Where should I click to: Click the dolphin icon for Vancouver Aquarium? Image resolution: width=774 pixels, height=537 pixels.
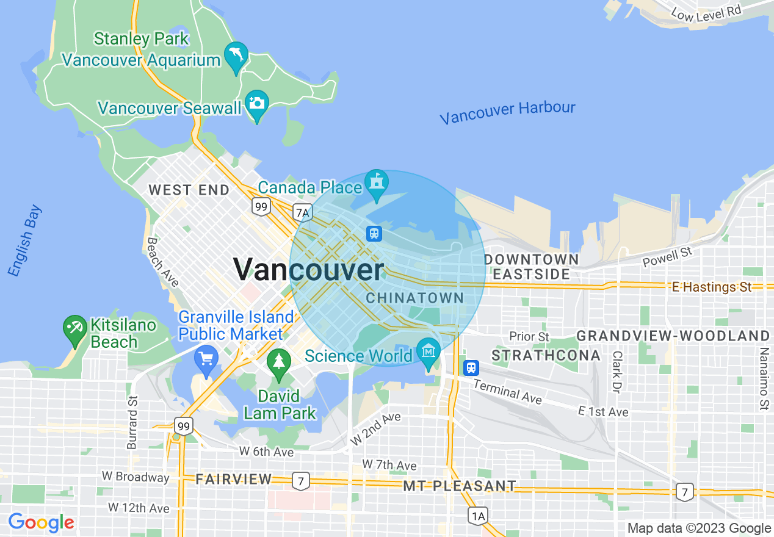click(x=236, y=56)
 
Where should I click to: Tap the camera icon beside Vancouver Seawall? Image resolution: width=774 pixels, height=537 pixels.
click(x=257, y=104)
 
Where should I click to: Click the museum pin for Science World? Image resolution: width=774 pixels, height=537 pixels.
click(x=429, y=351)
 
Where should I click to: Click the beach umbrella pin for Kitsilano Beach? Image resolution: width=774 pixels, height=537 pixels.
click(x=75, y=328)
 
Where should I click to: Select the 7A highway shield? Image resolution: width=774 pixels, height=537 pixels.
click(x=302, y=212)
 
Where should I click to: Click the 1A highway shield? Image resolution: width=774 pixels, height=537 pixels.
click(x=478, y=516)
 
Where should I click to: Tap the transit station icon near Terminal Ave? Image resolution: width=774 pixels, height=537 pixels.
click(x=471, y=367)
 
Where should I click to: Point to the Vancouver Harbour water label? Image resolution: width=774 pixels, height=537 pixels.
click(x=507, y=112)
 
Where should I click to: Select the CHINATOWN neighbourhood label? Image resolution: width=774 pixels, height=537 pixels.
click(x=414, y=298)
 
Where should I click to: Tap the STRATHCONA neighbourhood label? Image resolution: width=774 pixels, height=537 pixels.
click(x=537, y=355)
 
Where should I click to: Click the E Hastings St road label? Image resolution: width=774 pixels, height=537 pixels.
click(x=711, y=287)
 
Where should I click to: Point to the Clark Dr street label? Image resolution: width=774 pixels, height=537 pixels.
click(x=617, y=372)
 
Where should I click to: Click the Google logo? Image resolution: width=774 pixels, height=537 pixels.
click(x=41, y=522)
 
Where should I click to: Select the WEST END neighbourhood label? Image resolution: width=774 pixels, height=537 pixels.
click(x=189, y=190)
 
